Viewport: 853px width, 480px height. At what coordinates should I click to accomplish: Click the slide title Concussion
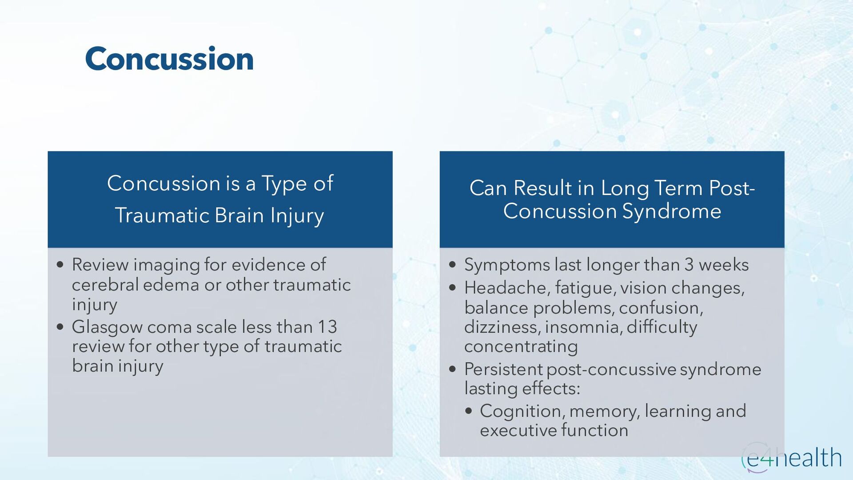169,59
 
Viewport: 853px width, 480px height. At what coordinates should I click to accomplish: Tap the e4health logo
791,458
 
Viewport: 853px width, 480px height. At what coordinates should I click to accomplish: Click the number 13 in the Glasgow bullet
327,327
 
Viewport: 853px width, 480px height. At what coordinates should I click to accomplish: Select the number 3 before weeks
689,265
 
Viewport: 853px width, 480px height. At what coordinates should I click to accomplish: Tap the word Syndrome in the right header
671,211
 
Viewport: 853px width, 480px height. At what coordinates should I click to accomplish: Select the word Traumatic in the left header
162,216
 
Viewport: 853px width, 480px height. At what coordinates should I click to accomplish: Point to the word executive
518,430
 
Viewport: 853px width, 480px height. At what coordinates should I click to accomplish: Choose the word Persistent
503,369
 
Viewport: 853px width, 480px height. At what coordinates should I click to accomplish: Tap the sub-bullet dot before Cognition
468,411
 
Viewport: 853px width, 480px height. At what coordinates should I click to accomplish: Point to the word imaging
167,265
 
